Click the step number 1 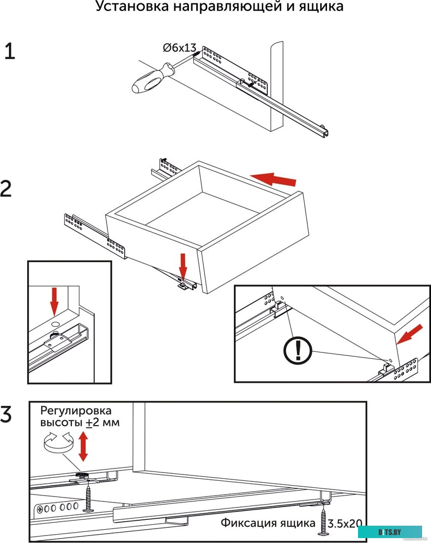pyautogui.click(x=10, y=51)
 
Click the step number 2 pyautogui.click(x=6, y=189)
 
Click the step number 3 pyautogui.click(x=6, y=415)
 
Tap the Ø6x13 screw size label pyautogui.click(x=180, y=48)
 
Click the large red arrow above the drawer pyautogui.click(x=273, y=178)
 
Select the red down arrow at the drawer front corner pyautogui.click(x=183, y=267)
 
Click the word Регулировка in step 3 pyautogui.click(x=76, y=411)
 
